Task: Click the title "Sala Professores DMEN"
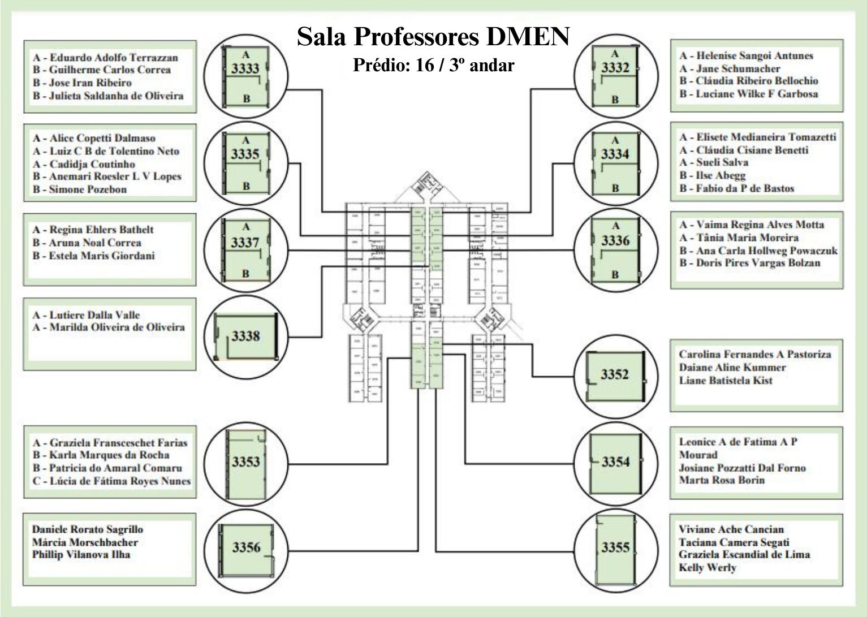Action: tap(433, 37)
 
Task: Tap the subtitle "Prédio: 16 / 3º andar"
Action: tap(433, 66)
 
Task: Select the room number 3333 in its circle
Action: tap(245, 69)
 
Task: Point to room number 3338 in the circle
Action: tap(245, 336)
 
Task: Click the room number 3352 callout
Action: tap(615, 374)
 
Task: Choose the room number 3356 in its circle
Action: tap(246, 547)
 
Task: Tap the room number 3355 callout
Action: tap(615, 547)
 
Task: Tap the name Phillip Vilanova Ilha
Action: tap(81, 555)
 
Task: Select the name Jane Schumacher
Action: tap(730, 68)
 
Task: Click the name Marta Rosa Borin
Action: tap(722, 480)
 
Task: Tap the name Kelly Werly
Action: tap(708, 568)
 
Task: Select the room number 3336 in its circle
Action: tap(615, 241)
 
